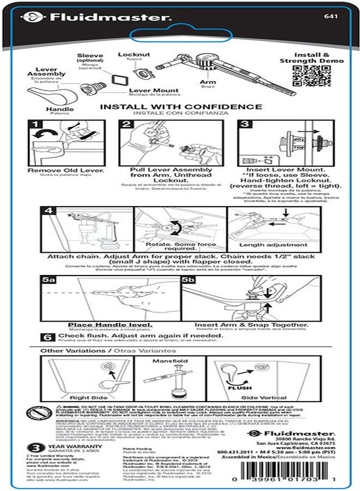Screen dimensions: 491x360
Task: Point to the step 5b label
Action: pos(188,279)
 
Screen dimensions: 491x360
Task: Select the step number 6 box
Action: pos(47,337)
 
